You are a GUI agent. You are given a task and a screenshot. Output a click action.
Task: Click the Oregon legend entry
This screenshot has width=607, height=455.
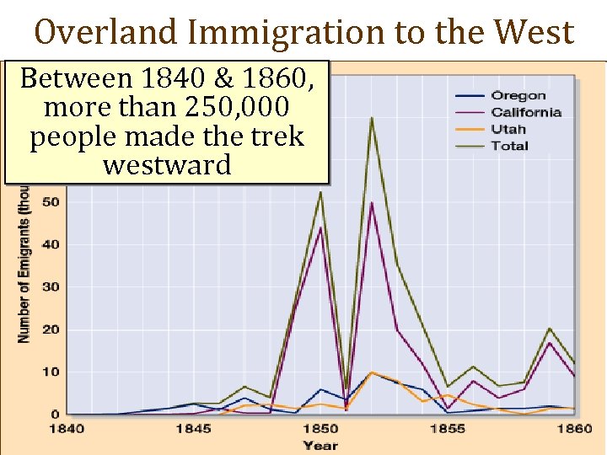click(x=518, y=96)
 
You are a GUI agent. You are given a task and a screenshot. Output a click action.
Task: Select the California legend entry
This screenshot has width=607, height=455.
click(x=526, y=112)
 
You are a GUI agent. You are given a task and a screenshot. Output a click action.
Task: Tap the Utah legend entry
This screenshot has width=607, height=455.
click(x=508, y=129)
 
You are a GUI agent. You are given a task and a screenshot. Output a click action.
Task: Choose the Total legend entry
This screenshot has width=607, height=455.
click(x=510, y=146)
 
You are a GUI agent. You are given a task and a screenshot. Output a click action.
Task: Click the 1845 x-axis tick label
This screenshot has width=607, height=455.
click(x=194, y=428)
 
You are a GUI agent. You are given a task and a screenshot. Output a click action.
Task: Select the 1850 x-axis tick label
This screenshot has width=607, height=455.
click(x=320, y=428)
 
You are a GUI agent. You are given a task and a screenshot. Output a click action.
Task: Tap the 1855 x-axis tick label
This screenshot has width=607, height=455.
click(x=447, y=428)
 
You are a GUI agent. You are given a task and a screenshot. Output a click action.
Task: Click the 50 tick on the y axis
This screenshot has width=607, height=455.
click(x=50, y=202)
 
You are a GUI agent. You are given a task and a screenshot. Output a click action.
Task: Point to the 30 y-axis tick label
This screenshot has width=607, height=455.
click(x=50, y=287)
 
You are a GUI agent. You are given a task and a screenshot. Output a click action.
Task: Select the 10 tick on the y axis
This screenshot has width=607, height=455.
click(x=50, y=372)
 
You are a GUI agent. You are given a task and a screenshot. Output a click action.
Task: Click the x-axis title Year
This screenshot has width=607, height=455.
click(x=320, y=444)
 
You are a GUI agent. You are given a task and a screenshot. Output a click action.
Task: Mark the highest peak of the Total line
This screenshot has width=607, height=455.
click(x=371, y=117)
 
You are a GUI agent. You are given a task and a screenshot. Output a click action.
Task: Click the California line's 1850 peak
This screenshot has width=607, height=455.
click(x=320, y=227)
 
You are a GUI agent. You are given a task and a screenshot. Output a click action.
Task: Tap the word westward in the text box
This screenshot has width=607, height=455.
click(x=166, y=164)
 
